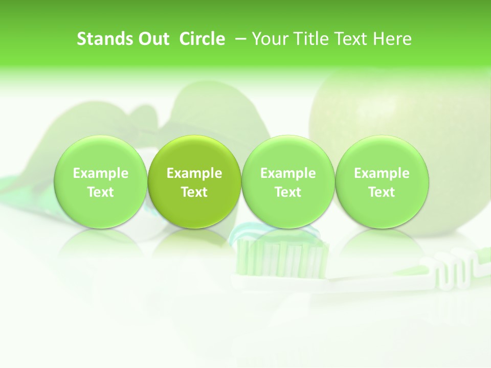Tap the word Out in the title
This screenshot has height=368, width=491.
tap(152, 39)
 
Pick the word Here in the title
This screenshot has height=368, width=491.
tap(392, 39)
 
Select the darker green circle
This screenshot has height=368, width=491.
tap(194, 182)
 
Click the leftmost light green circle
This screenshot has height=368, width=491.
tap(101, 182)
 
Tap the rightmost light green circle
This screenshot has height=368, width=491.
tap(382, 182)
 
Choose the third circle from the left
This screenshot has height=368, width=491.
tap(288, 182)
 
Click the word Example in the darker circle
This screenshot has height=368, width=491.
tap(194, 173)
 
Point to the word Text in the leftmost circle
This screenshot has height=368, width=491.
tap(101, 192)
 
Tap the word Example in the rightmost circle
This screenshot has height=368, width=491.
tap(382, 173)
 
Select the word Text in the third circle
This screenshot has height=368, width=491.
tap(288, 192)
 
